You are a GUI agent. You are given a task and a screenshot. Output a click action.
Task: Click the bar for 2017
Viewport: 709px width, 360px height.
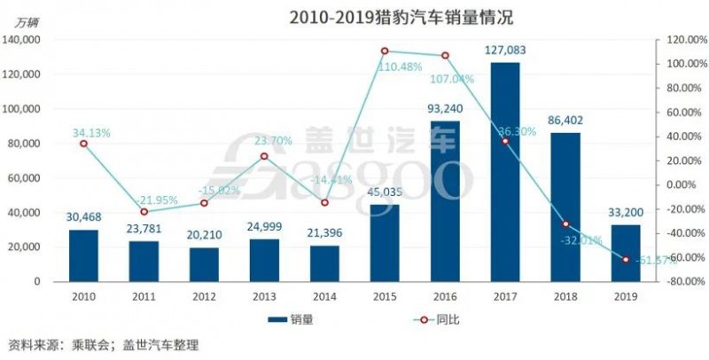click(504, 171)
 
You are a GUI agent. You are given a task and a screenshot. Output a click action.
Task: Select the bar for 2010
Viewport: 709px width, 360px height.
click(84, 255)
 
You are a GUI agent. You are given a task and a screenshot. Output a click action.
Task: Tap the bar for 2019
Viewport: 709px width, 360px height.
click(625, 253)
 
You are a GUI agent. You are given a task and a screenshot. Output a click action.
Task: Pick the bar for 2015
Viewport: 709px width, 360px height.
click(385, 242)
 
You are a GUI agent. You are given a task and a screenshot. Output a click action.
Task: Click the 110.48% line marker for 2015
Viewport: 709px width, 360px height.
click(385, 51)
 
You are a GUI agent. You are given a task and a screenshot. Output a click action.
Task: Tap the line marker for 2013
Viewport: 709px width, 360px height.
click(264, 156)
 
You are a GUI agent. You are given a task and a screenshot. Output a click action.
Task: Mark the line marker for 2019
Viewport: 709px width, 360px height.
click(625, 260)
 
